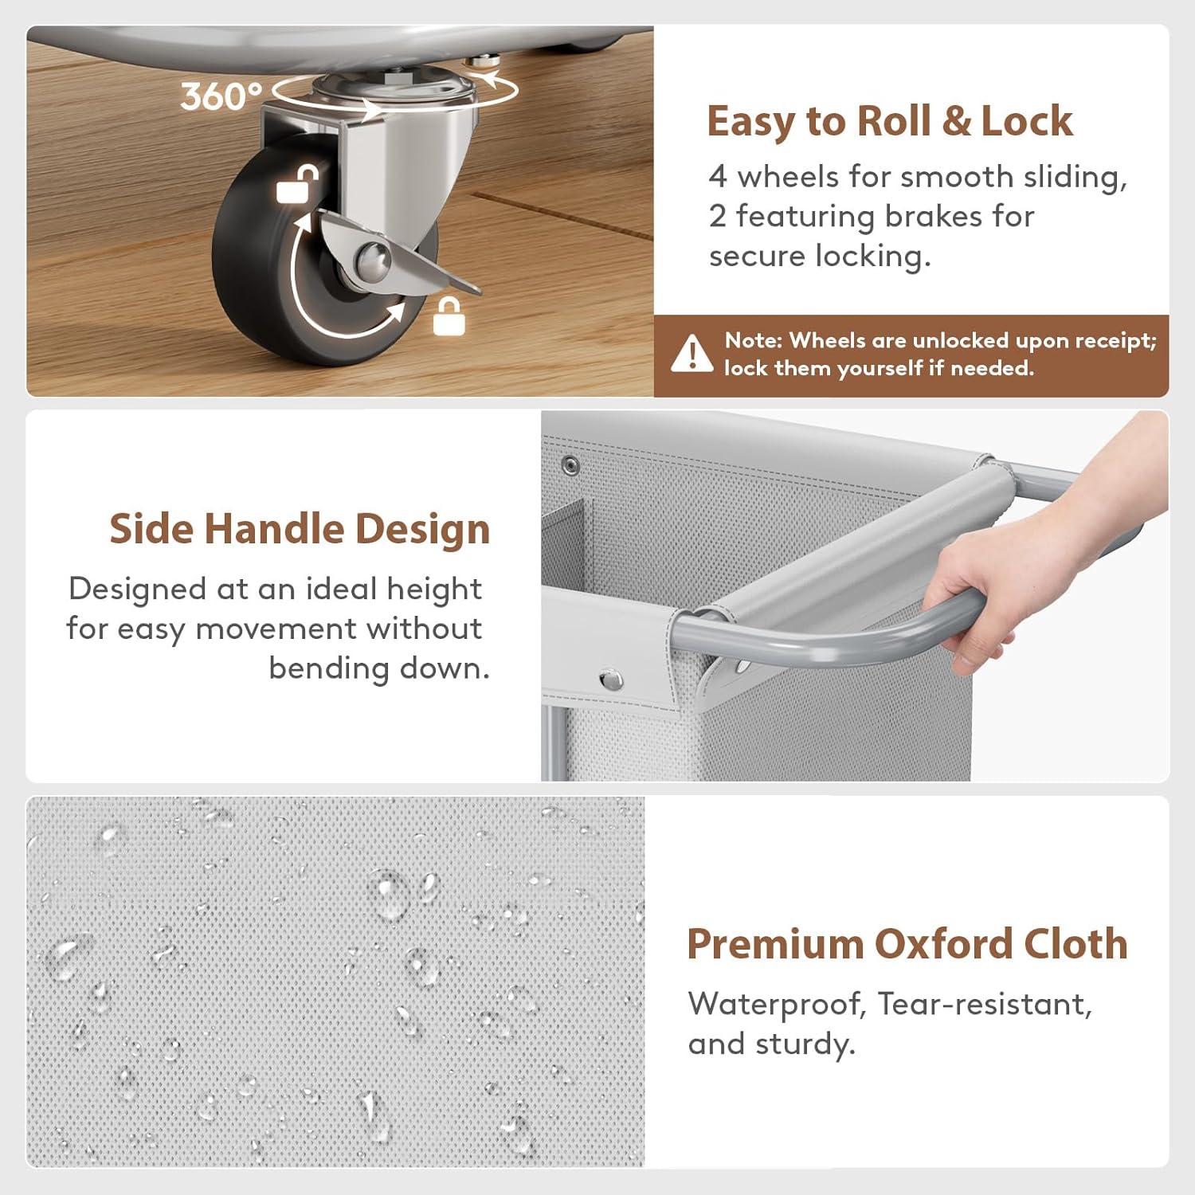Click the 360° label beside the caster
tap(221, 96)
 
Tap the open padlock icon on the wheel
tap(298, 184)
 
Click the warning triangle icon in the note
tap(692, 354)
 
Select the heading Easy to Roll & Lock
tap(890, 121)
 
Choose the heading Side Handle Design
tap(300, 529)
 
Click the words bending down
tap(379, 668)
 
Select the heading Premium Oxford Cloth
tap(907, 944)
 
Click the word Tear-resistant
tap(985, 1004)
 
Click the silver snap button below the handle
tap(611, 680)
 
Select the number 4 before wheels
tap(718, 177)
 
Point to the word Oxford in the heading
tap(942, 944)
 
